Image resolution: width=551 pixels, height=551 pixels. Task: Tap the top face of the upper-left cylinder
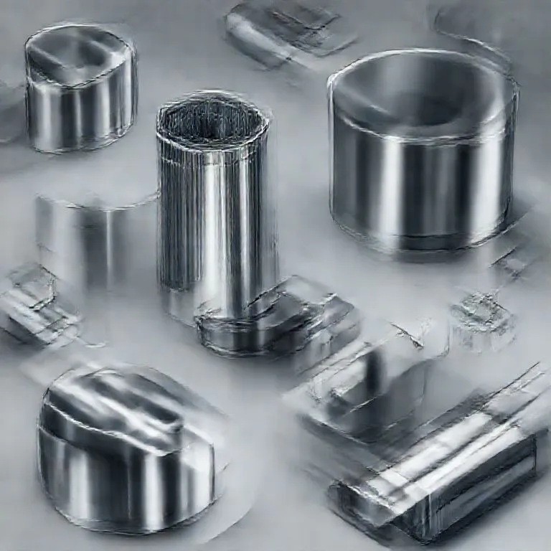pyautogui.click(x=79, y=54)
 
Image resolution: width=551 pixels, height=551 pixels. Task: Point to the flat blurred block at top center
pyautogui.click(x=283, y=32)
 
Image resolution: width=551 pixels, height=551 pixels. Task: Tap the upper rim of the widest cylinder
pyautogui.click(x=423, y=57)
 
